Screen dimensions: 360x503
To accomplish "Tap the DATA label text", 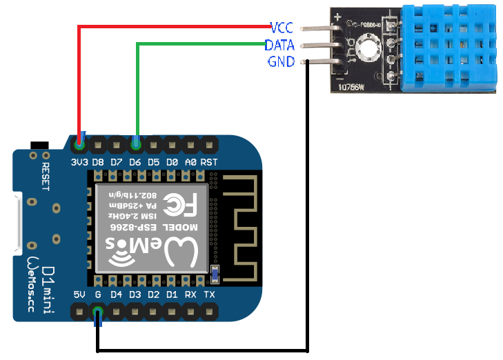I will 279,45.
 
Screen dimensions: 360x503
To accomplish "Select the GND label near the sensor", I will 281,62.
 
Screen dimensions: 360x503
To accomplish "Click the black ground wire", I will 306,207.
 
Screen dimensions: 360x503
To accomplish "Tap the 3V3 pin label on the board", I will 80,162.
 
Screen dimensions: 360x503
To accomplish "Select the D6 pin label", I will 135,162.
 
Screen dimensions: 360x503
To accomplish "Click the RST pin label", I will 210,162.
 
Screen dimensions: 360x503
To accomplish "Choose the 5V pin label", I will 80,295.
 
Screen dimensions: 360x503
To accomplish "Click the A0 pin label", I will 191,162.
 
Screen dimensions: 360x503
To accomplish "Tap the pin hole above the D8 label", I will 98,145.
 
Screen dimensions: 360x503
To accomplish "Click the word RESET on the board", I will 46,179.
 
